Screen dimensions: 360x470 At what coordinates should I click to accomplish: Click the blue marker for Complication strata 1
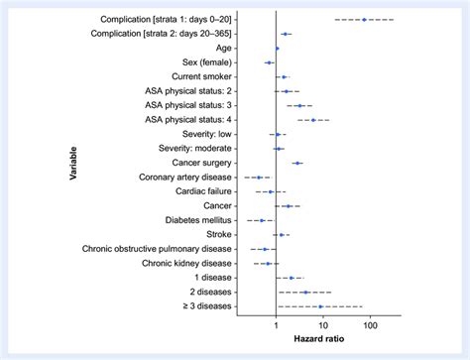[x=364, y=19]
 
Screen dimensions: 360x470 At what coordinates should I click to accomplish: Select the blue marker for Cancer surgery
[x=296, y=163]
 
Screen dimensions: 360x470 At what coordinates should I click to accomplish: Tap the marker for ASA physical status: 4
[x=313, y=120]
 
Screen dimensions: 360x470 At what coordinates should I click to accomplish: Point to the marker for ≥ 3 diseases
[x=320, y=306]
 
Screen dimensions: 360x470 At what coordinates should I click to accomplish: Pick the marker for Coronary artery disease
[x=259, y=178]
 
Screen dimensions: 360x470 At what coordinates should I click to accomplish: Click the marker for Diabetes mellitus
[x=263, y=220]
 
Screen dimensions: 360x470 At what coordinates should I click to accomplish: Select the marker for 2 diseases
[x=305, y=293]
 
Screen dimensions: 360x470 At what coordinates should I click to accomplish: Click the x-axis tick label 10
[x=322, y=324]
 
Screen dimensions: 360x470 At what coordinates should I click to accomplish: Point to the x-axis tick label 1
[x=276, y=324]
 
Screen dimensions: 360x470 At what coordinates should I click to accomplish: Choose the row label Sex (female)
[x=205, y=62]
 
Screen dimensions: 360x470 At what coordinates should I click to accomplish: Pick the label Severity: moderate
[x=194, y=149]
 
